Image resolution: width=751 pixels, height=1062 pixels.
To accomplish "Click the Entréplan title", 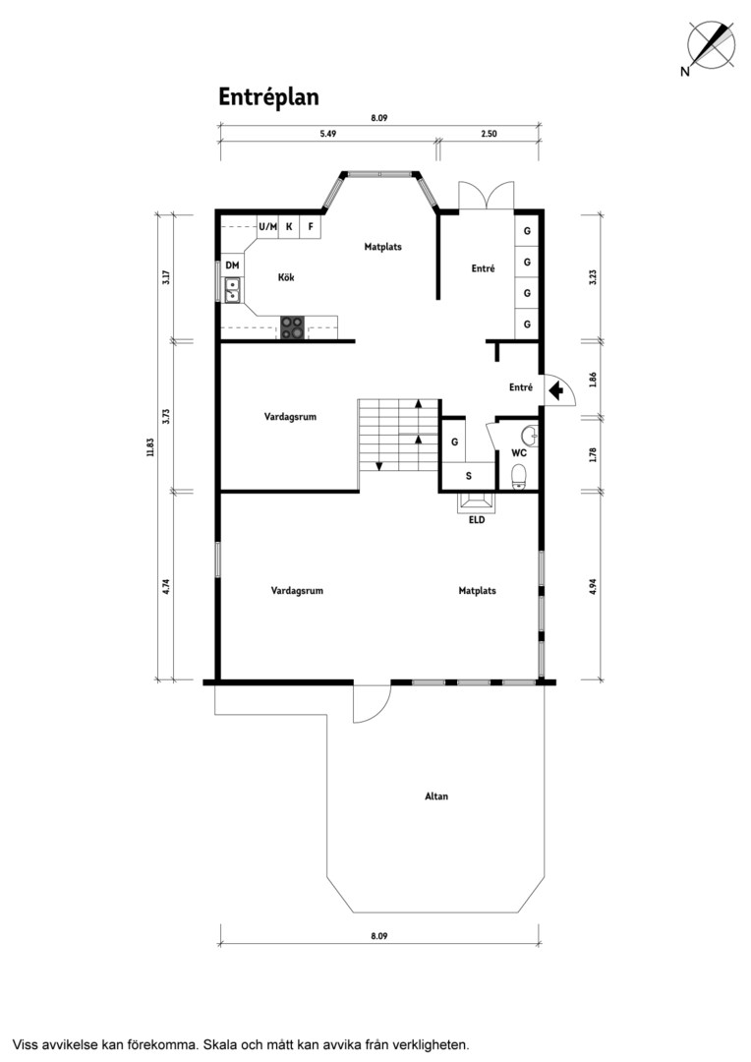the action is [268, 97].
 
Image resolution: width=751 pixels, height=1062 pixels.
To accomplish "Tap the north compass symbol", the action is [710, 45].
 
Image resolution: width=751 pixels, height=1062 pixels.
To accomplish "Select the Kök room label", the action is [286, 277].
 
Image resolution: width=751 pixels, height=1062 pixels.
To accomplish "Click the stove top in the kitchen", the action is [293, 327].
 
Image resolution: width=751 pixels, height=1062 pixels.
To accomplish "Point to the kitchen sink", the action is [232, 290].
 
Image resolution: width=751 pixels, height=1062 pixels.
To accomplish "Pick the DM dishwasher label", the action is [232, 265].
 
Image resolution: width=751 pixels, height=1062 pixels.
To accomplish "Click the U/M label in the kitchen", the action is [268, 226].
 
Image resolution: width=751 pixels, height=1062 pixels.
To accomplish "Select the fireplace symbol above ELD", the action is [477, 501].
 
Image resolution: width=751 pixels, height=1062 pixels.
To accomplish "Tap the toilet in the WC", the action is [519, 476].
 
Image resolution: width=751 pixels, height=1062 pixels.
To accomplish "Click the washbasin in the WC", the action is [532, 436].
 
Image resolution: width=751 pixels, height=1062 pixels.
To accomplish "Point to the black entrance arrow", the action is [556, 390].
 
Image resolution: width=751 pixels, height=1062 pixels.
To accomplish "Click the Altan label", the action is [436, 796].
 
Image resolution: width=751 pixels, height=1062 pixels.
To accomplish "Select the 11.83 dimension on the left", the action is [151, 447].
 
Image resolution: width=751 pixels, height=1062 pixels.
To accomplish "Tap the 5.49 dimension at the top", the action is [327, 134].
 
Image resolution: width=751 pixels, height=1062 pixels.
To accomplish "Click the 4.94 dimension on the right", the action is [593, 586].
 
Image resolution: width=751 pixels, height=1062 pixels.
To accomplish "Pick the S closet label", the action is [469, 476].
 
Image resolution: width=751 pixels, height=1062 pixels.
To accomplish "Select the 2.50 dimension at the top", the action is [489, 134].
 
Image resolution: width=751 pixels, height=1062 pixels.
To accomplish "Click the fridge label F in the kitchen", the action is [311, 226].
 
